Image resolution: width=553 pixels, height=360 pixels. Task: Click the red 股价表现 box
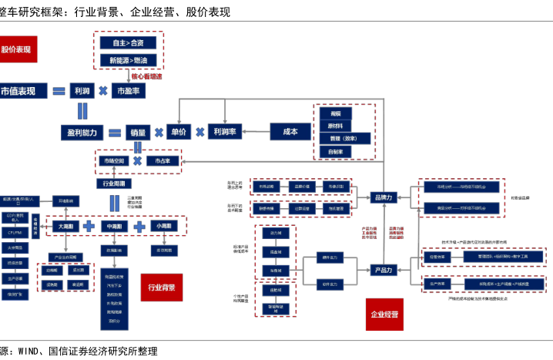click(x=16, y=49)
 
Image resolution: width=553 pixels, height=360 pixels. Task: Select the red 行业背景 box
click(x=162, y=288)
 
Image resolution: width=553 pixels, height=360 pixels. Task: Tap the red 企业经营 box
click(x=384, y=315)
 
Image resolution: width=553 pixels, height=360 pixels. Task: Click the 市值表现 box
click(x=22, y=91)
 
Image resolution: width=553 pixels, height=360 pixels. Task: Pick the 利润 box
click(x=82, y=91)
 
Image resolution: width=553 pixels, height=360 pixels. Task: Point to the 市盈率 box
click(x=128, y=91)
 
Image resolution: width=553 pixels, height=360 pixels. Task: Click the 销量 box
click(x=137, y=133)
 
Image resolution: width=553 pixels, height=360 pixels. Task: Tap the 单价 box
click(x=178, y=133)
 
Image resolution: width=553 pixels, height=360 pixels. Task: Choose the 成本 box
click(x=290, y=132)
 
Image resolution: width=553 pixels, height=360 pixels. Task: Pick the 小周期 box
click(x=163, y=227)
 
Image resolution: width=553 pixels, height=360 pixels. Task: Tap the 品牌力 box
click(x=383, y=197)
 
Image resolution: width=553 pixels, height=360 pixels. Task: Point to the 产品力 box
click(x=383, y=270)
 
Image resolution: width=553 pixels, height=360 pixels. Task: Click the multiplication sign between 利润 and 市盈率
click(x=103, y=91)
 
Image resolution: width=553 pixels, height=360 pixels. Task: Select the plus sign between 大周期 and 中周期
click(x=89, y=227)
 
